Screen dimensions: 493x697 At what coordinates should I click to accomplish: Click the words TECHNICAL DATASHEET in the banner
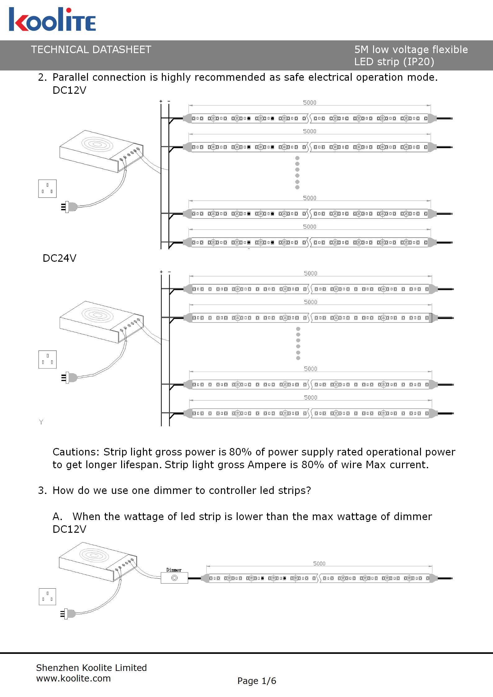pos(91,50)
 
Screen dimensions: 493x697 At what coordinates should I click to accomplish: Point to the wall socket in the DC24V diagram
pos(48,360)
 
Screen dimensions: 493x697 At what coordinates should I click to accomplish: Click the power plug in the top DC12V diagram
pos(69,207)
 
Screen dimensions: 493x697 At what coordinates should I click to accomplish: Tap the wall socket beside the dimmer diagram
pos(48,597)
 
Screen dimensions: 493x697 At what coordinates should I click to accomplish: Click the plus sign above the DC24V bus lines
pos(161,272)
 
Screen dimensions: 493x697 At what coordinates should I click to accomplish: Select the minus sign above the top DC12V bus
pos(169,101)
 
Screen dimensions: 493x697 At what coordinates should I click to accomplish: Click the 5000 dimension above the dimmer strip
pos(319,563)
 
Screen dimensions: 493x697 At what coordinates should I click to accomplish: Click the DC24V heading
pos(59,258)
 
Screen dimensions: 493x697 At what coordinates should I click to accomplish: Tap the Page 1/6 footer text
pos(257,681)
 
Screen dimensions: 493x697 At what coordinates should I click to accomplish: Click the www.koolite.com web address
pos(73,678)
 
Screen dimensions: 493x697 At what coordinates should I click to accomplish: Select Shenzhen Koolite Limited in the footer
pos(91,668)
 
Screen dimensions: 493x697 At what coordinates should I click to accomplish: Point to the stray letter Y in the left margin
pos(41,422)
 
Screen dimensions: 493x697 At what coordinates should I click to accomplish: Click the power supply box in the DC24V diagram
pos(102,322)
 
